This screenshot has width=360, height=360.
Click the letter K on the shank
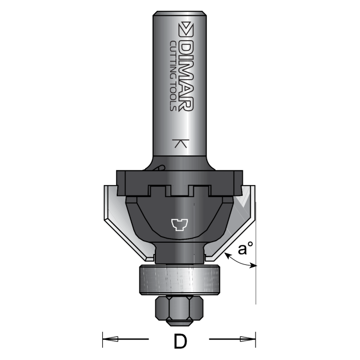tap(179, 143)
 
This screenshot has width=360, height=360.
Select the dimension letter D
tap(179, 341)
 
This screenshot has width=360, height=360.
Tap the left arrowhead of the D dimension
tap(110, 339)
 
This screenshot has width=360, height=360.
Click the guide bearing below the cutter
tap(179, 280)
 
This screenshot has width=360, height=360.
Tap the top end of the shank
tap(179, 11)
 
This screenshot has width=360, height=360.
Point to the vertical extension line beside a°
tap(256, 288)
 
